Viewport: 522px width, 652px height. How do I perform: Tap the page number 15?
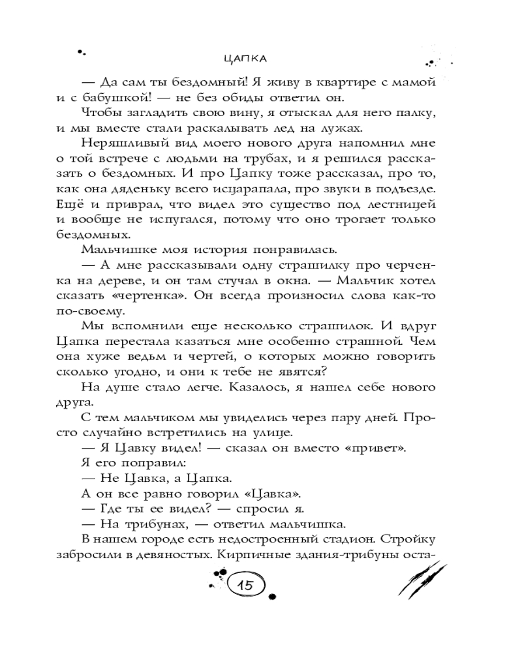(x=247, y=585)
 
